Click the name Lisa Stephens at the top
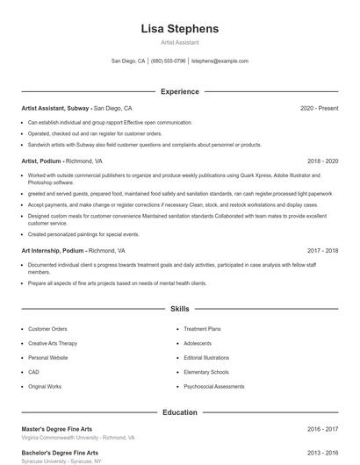coord(179,29)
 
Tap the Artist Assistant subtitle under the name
coord(179,42)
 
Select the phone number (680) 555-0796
coord(169,61)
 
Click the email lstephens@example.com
coord(220,61)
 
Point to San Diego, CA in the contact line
coord(128,61)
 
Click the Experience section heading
coord(179,91)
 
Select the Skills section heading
coord(179,309)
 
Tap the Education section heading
coord(179,411)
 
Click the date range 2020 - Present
coord(319,108)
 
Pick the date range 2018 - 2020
coord(322,161)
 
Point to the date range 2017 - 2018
coord(322,250)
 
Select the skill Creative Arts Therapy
coord(53,343)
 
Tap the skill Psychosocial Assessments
coord(214,386)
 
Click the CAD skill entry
coord(33,372)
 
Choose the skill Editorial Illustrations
coord(206,358)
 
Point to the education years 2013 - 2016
coord(322,453)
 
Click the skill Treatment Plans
coord(202,329)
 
